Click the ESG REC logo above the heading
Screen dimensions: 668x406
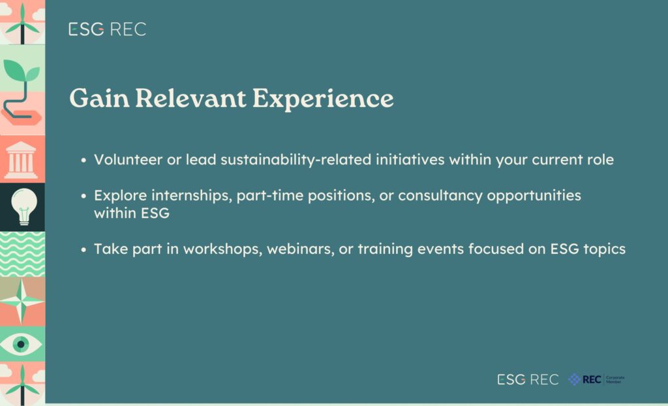[108, 29]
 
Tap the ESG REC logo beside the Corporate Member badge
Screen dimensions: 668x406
[528, 379]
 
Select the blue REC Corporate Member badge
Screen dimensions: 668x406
[596, 379]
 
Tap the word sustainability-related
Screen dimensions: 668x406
[296, 160]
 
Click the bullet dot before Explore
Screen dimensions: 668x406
[83, 196]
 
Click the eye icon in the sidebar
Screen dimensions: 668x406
[20, 344]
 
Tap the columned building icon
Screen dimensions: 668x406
[21, 160]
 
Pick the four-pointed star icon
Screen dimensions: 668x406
[22, 301]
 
